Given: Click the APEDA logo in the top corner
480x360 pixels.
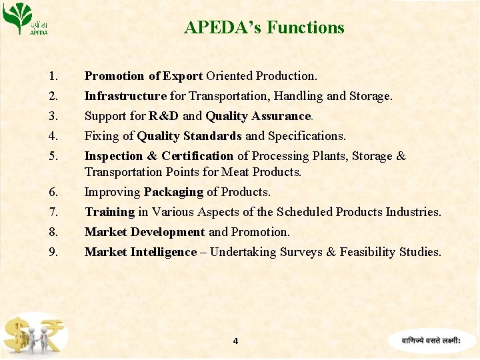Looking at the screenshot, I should [25, 19].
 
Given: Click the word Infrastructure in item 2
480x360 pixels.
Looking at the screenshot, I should [125, 96].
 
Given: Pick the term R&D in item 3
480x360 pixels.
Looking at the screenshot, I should [163, 116].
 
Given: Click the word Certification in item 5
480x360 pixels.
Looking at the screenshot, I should [197, 156].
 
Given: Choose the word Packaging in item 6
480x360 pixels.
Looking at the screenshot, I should [173, 192].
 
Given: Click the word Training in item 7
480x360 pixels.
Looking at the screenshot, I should [109, 212].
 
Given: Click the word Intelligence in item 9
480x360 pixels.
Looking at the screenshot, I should [164, 252].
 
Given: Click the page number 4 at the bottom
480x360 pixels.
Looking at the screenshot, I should [235, 341].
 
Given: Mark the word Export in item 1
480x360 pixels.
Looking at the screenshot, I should [183, 76].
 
